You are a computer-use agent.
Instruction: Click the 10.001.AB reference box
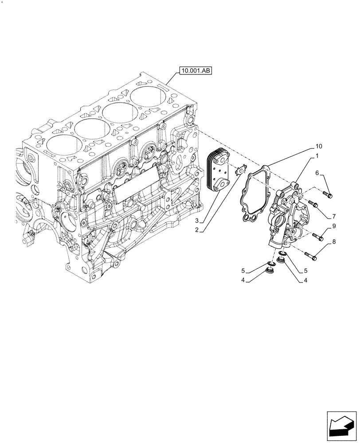[x=196, y=70]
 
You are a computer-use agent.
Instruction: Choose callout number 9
[x=334, y=226]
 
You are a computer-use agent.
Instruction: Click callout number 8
[x=334, y=241]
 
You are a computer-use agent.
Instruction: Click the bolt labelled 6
[x=328, y=194]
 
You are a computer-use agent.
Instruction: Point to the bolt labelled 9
[x=317, y=237]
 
